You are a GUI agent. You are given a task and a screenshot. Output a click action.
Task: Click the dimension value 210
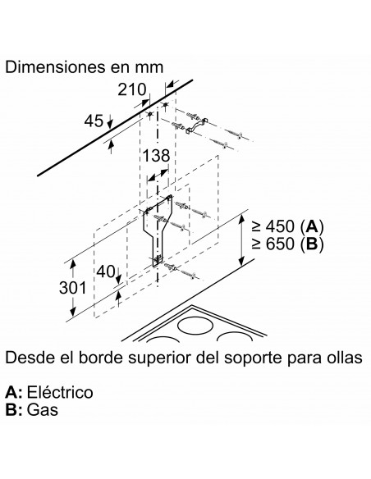(132, 89)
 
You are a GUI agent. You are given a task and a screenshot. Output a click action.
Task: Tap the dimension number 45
(94, 121)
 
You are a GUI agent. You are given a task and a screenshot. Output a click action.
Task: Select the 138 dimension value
(156, 156)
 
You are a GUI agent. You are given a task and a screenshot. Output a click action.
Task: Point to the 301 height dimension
(73, 288)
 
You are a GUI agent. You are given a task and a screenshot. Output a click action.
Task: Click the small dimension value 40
(106, 271)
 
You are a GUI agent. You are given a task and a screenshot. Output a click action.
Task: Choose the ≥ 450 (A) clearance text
(287, 226)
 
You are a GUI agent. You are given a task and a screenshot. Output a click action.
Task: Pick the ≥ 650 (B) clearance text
(287, 244)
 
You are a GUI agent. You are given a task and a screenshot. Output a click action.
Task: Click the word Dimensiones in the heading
(55, 67)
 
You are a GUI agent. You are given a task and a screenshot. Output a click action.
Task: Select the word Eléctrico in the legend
(60, 392)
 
